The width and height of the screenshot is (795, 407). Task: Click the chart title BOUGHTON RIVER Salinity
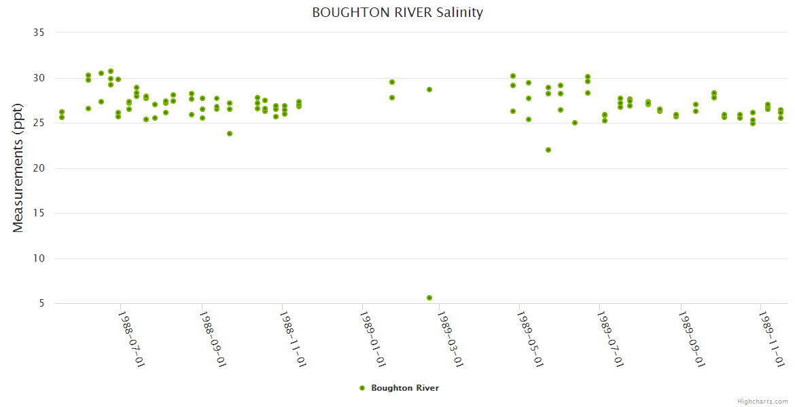point(397,12)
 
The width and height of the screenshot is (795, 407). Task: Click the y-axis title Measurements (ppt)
point(18,168)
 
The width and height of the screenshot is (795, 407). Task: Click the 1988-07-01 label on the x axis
point(132,339)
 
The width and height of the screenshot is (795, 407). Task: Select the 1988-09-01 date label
point(213,339)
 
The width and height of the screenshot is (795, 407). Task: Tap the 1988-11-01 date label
point(293,339)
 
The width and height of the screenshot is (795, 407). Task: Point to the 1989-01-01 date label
point(373,339)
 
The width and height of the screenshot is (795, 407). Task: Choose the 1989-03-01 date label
point(450,339)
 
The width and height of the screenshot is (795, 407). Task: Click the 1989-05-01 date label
point(530,339)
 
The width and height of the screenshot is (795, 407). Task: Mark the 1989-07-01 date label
point(610,339)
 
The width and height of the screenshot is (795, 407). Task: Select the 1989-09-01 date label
point(692,339)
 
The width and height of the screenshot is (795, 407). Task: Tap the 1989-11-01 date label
point(772,339)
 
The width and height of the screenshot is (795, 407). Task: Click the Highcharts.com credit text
point(762,401)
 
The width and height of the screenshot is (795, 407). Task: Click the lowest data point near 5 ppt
point(429,298)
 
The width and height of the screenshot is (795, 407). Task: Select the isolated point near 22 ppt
point(548,150)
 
